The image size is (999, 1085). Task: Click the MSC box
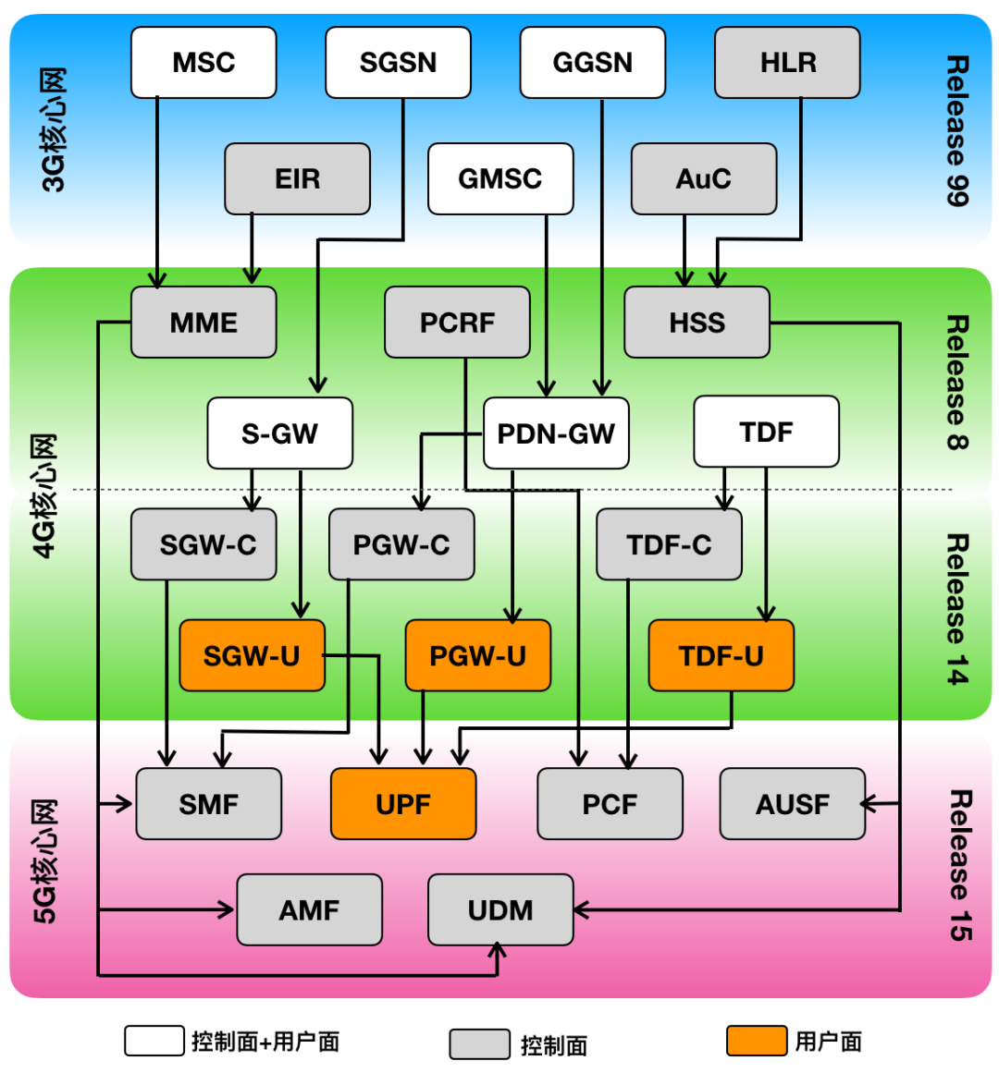pyautogui.click(x=203, y=63)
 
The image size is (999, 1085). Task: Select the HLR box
pyautogui.click(x=787, y=63)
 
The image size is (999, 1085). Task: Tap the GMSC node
pyautogui.click(x=500, y=178)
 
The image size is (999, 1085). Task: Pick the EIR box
pyautogui.click(x=297, y=178)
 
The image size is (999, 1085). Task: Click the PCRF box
pyautogui.click(x=457, y=323)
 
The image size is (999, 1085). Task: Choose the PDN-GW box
pyautogui.click(x=556, y=433)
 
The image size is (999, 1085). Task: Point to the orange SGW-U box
pyautogui.click(x=252, y=656)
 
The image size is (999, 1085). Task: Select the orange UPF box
pyautogui.click(x=403, y=804)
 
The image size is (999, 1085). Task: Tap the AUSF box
pyautogui.click(x=792, y=804)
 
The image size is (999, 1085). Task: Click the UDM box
pyautogui.click(x=500, y=910)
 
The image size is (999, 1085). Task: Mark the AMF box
pyautogui.click(x=309, y=910)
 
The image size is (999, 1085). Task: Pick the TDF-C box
pyautogui.click(x=669, y=545)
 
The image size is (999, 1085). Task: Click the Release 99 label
pyautogui.click(x=957, y=130)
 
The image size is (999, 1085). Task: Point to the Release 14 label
pyautogui.click(x=957, y=609)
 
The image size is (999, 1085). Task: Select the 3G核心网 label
pyautogui.click(x=54, y=129)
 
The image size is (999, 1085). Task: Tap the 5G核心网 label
pyautogui.click(x=45, y=861)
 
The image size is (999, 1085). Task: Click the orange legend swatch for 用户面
pyautogui.click(x=756, y=1041)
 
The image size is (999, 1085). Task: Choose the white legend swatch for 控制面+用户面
pyautogui.click(x=154, y=1041)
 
